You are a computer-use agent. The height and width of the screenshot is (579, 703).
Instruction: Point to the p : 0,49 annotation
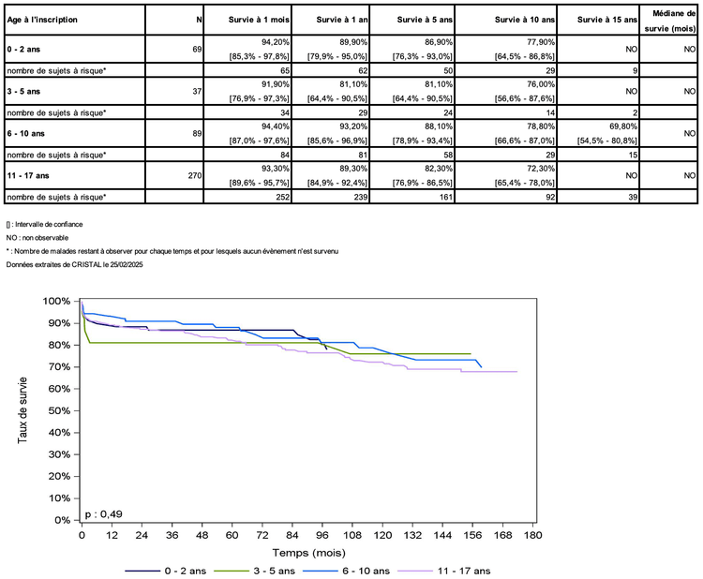pyautogui.click(x=103, y=513)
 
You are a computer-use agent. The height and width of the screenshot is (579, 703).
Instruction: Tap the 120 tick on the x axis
pyautogui.click(x=382, y=535)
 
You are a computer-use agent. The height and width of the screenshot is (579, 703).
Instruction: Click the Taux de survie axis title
pyautogui.click(x=22, y=409)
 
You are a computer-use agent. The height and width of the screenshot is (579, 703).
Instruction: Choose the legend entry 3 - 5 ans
pyautogui.click(x=252, y=571)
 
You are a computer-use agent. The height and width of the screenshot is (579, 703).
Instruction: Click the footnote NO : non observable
pyautogui.click(x=34, y=239)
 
